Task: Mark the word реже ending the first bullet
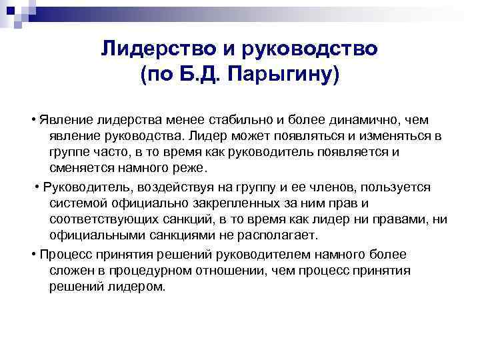(x=194, y=167)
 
